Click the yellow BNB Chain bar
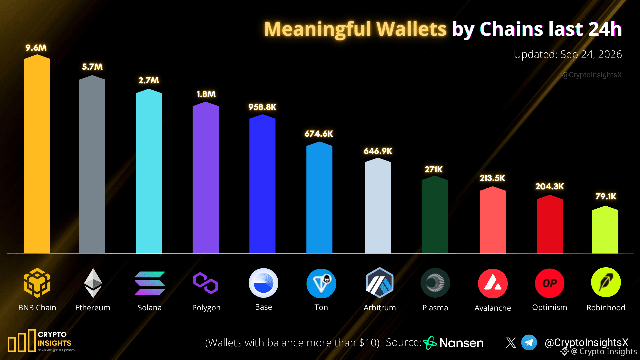37,154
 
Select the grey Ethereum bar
92,164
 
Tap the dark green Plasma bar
435,215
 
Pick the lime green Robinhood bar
605,230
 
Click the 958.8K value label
262,107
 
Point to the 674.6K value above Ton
319,134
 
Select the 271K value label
434,169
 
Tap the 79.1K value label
606,196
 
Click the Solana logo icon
150,283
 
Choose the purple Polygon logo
206,283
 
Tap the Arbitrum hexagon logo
380,283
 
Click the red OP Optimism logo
550,283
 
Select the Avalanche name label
493,308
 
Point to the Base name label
263,307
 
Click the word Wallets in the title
411,29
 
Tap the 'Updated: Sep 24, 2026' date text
568,54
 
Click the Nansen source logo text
461,343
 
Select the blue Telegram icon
529,343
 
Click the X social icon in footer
511,343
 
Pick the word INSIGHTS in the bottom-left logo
55,343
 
